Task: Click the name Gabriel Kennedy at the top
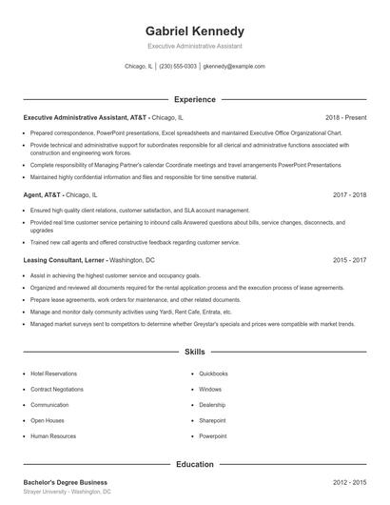point(194,30)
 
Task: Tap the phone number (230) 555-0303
point(178,67)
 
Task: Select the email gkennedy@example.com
point(234,67)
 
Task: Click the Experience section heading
point(194,99)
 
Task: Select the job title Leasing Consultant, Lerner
point(63,259)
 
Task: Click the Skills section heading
point(194,352)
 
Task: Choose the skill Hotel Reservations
point(53,374)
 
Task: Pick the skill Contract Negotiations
point(57,389)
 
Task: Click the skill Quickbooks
point(213,374)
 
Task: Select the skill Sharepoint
point(212,420)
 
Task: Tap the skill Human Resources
point(52,435)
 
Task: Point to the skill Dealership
point(212,404)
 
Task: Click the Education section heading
point(194,464)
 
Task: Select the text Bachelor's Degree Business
point(66,482)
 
